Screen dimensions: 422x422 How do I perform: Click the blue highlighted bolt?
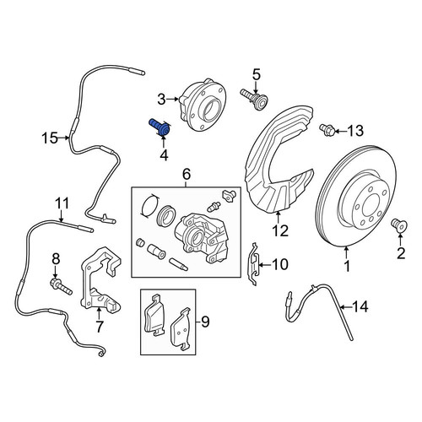[160, 127]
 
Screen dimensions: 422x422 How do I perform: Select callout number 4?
[164, 155]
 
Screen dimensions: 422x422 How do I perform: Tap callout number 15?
[50, 138]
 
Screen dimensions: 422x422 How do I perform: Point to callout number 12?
[280, 231]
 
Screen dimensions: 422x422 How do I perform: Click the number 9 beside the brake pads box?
[205, 322]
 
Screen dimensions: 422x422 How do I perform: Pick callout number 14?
[360, 306]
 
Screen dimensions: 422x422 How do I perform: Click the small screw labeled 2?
[399, 226]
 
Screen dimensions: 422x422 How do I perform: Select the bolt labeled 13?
[327, 130]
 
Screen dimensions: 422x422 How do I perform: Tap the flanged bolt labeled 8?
[61, 286]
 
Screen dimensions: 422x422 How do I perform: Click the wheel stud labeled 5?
[254, 100]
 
